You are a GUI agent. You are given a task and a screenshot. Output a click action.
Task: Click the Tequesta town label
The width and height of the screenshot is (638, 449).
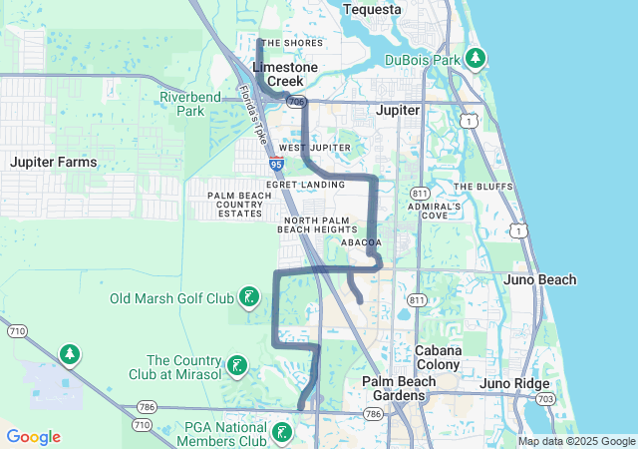coord(371,10)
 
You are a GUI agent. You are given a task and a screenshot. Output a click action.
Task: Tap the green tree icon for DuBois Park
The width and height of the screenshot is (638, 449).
coord(478,58)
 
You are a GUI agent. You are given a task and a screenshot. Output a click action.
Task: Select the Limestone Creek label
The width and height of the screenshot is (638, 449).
coord(285,74)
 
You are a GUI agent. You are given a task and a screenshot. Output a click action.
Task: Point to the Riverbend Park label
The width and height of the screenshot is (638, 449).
coord(182,104)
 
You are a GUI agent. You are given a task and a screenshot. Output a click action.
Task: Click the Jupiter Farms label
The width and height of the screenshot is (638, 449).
coord(54,162)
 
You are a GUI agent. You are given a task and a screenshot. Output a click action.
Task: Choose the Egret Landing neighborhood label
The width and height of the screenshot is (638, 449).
coord(305,185)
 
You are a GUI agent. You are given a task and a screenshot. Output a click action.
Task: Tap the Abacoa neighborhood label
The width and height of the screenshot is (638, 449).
coord(362,241)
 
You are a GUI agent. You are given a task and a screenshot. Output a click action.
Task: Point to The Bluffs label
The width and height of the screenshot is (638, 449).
coord(481,187)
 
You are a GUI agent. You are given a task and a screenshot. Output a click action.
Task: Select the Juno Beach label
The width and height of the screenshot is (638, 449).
coord(541,279)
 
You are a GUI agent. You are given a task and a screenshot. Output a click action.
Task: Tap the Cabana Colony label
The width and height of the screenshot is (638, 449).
coord(439,357)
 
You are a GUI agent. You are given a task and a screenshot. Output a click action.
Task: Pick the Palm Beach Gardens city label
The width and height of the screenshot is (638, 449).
coord(394,389)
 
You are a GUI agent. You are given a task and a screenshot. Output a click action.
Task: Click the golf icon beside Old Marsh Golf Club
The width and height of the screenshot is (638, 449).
coord(249,296)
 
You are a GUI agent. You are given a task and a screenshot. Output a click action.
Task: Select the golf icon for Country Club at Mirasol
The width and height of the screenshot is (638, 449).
coord(236,366)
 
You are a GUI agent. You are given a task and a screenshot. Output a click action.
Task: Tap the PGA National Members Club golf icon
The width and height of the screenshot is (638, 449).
coord(282,432)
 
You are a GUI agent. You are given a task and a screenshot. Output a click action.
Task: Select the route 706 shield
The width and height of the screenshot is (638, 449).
coord(295,102)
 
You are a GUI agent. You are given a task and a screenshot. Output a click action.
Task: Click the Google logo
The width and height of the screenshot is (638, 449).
coord(33,437)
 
